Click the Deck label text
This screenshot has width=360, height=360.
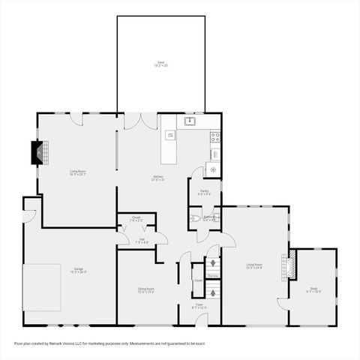[x=160, y=64]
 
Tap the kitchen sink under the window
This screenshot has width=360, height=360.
[x=190, y=120]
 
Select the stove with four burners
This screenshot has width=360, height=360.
[x=214, y=136]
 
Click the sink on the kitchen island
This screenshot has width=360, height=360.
[x=170, y=135]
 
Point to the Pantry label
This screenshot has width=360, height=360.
[x=204, y=192]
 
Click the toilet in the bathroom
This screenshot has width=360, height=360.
[x=195, y=219]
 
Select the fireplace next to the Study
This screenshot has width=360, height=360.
[x=290, y=265]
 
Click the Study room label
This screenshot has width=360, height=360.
[x=313, y=289]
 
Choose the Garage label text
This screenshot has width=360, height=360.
[x=78, y=270]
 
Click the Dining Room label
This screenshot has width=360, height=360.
[x=145, y=289]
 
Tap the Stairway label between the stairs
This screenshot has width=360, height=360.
[x=213, y=277]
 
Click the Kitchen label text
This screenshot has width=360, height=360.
[x=157, y=178]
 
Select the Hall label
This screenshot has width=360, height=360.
[x=141, y=241]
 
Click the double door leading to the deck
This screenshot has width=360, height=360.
[x=141, y=121]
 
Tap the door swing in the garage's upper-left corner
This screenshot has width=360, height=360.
[x=28, y=215]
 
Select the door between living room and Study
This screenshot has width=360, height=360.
[x=283, y=303]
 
